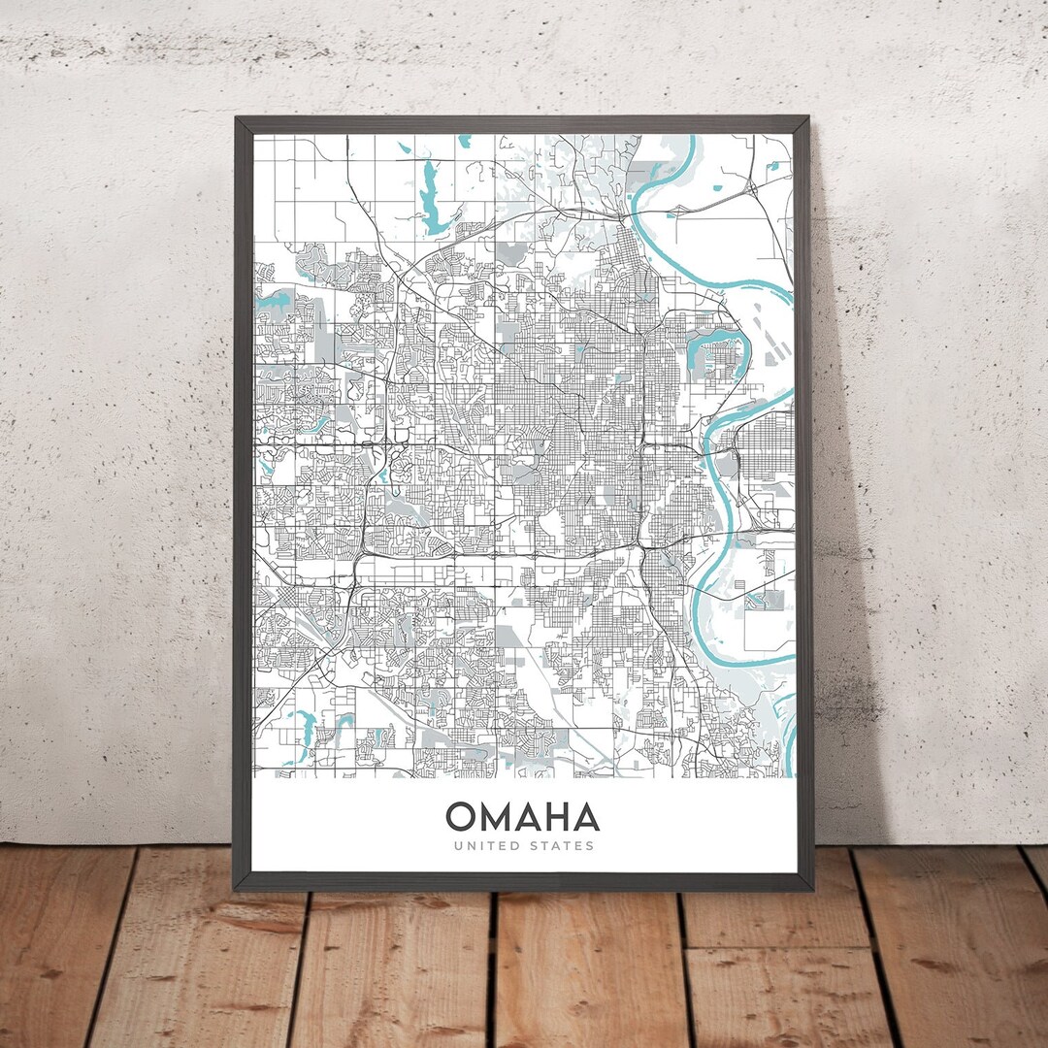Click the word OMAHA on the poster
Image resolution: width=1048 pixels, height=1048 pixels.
tap(522, 818)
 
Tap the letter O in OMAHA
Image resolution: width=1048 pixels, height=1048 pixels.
tap(462, 818)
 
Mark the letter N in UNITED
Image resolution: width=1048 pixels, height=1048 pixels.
tap(468, 846)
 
